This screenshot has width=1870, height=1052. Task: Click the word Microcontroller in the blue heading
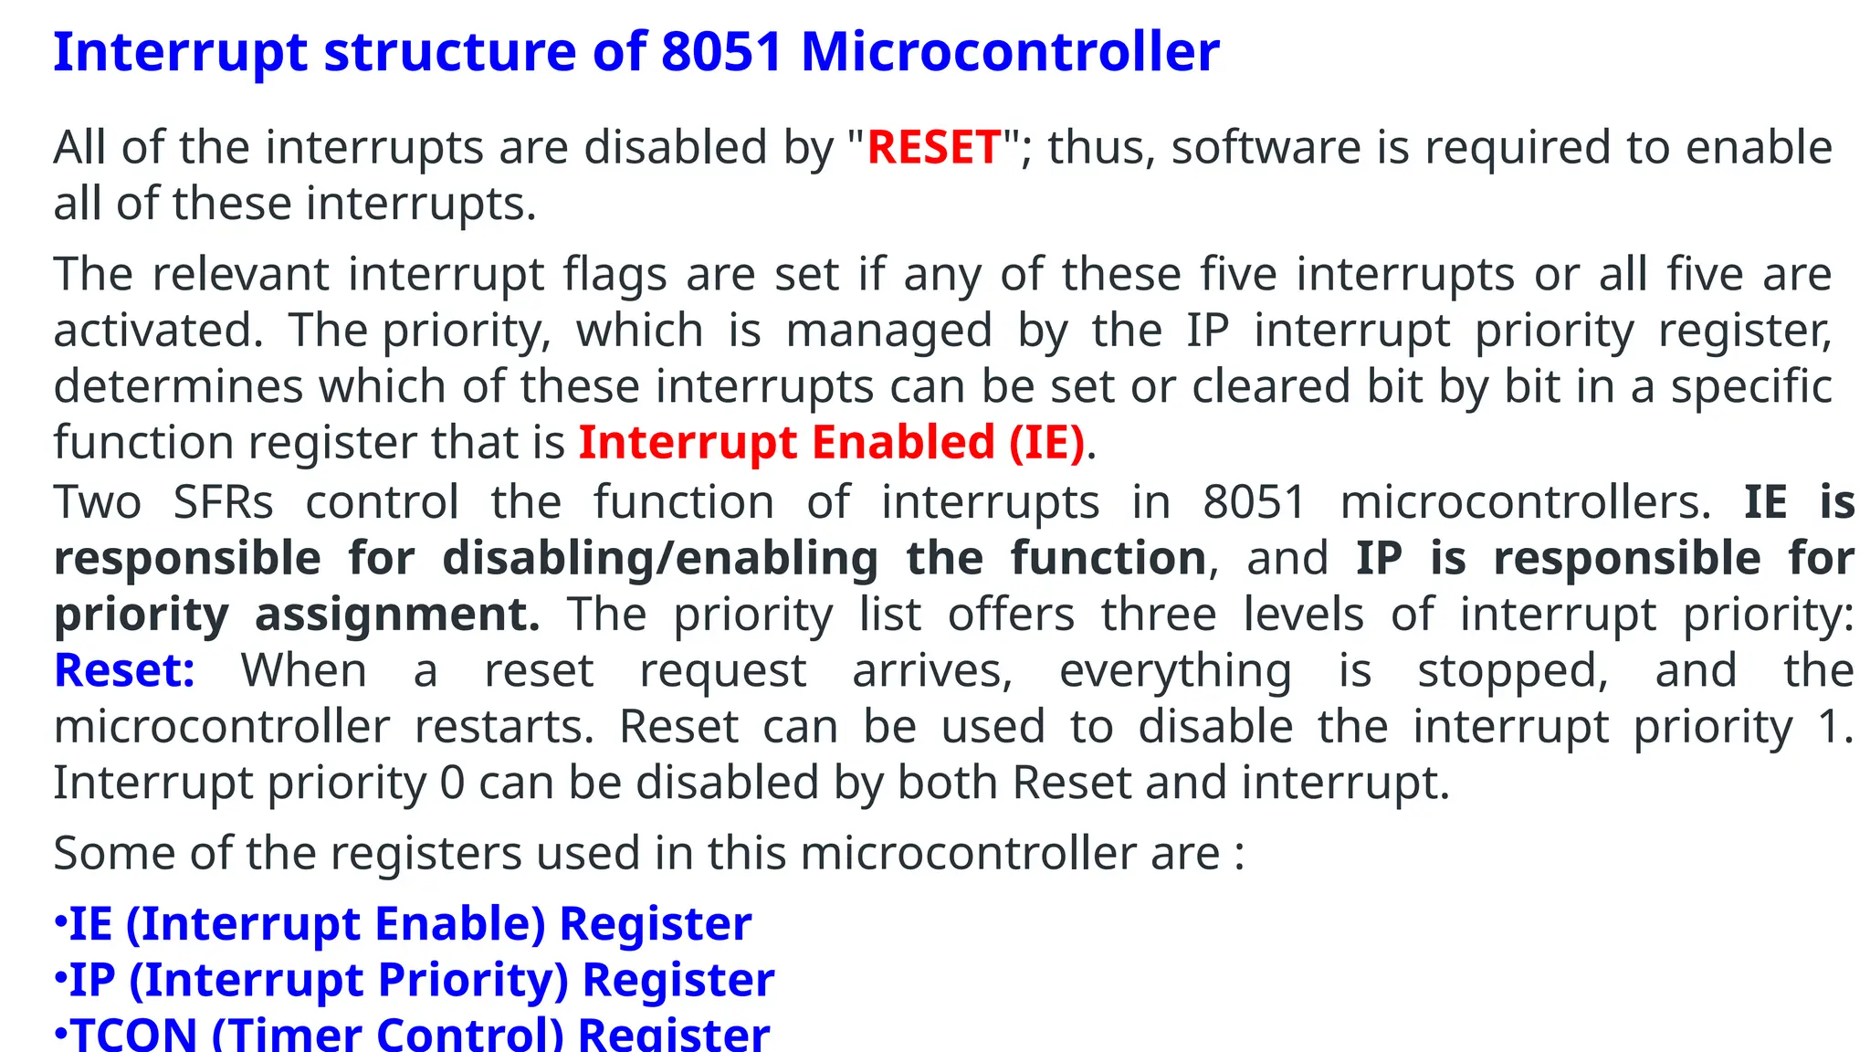pyautogui.click(x=1010, y=52)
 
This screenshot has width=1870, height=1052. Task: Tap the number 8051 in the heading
pyautogui.click(x=721, y=52)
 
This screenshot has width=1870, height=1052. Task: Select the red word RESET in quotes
pyautogui.click(x=933, y=148)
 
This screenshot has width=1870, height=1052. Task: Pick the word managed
pyautogui.click(x=888, y=331)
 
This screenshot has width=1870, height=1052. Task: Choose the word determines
pyautogui.click(x=178, y=386)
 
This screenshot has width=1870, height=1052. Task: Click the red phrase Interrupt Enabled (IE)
pyautogui.click(x=832, y=443)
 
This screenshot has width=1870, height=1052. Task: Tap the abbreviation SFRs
pyautogui.click(x=223, y=502)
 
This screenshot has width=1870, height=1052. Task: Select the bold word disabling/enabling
pyautogui.click(x=660, y=558)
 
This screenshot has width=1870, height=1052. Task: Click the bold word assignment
pyautogui.click(x=397, y=615)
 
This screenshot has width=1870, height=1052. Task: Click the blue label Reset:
pyautogui.click(x=124, y=671)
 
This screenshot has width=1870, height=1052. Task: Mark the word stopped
pyautogui.click(x=1512, y=671)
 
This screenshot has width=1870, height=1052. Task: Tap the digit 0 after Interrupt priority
pyautogui.click(x=452, y=784)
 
